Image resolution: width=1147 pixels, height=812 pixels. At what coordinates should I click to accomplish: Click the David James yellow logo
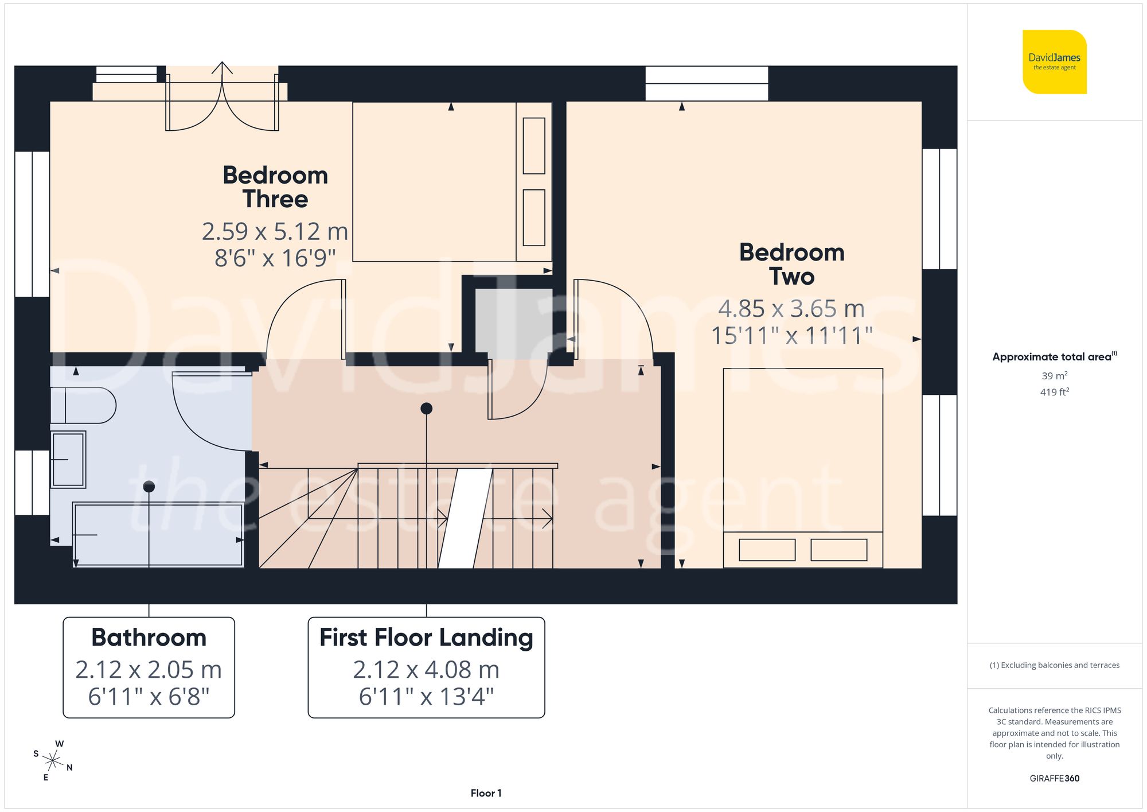1054,62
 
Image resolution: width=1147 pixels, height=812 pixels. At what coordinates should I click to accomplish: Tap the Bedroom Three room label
275,187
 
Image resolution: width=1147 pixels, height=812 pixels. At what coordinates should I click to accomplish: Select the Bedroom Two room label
791,265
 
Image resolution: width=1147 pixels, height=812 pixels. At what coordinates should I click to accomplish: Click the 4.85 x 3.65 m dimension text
791,309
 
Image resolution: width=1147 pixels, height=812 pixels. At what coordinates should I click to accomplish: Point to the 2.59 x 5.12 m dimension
275,232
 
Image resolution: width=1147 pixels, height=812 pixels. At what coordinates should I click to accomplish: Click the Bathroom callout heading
149,638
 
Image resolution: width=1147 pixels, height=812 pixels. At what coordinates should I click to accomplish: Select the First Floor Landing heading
426,638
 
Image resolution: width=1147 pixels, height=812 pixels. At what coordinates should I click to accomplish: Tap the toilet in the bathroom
84,406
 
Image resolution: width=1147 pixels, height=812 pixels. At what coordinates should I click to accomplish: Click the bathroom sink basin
68,460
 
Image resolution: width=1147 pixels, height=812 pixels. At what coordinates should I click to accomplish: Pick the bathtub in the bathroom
158,535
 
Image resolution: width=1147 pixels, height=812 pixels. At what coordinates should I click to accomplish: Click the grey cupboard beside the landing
505,321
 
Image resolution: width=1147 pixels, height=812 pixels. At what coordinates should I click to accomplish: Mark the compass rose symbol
53,762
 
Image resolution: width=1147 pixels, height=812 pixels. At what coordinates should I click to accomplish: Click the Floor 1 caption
486,793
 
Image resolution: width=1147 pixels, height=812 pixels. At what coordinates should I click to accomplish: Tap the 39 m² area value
1054,376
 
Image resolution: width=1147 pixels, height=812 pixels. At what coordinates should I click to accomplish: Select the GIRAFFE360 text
1054,779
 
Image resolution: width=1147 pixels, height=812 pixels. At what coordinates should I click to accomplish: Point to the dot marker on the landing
426,409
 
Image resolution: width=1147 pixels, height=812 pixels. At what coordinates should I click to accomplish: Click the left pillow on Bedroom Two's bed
767,550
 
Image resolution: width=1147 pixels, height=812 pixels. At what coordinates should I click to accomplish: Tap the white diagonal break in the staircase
465,518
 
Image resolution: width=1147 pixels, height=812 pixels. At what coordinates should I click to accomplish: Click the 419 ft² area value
1054,392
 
